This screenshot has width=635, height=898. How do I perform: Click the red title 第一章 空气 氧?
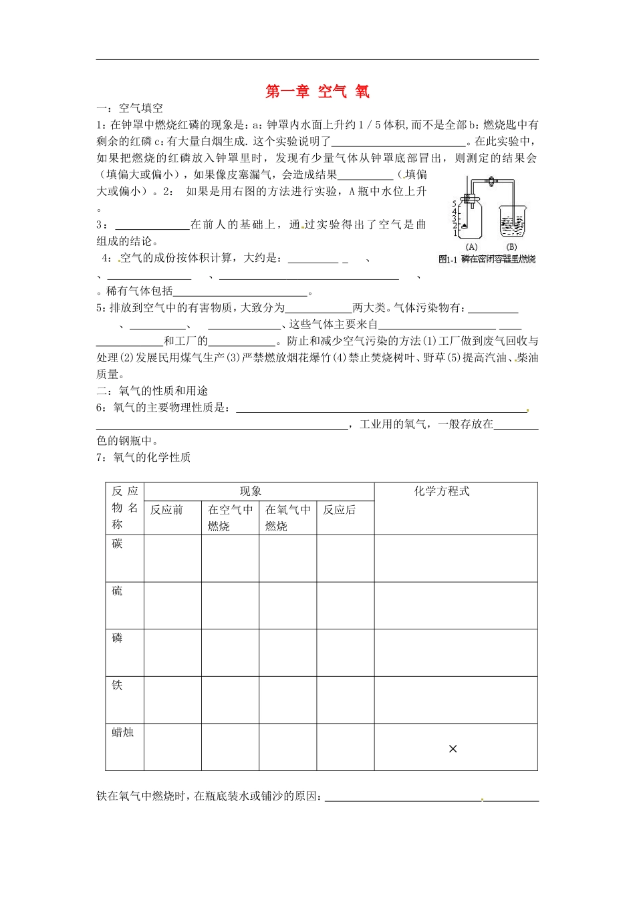[317, 92]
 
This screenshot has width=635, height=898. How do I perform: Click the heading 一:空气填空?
[130, 108]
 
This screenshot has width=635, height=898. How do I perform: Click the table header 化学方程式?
[442, 491]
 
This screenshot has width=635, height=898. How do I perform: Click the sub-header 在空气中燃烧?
[230, 518]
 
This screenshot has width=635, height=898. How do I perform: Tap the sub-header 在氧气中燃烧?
[287, 518]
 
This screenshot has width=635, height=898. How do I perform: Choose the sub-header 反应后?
[339, 510]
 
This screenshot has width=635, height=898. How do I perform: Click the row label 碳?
[118, 544]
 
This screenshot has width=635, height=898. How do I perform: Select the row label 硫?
[118, 591]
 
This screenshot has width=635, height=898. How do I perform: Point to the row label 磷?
[118, 638]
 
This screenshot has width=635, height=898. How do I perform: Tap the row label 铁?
[118, 686]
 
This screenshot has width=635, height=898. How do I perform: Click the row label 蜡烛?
[123, 732]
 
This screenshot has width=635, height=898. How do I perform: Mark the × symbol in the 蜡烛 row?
[453, 749]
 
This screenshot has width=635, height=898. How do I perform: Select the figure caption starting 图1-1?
[487, 259]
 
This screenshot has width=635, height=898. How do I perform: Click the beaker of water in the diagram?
[513, 222]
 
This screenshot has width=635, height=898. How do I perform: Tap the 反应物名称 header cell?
[124, 508]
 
